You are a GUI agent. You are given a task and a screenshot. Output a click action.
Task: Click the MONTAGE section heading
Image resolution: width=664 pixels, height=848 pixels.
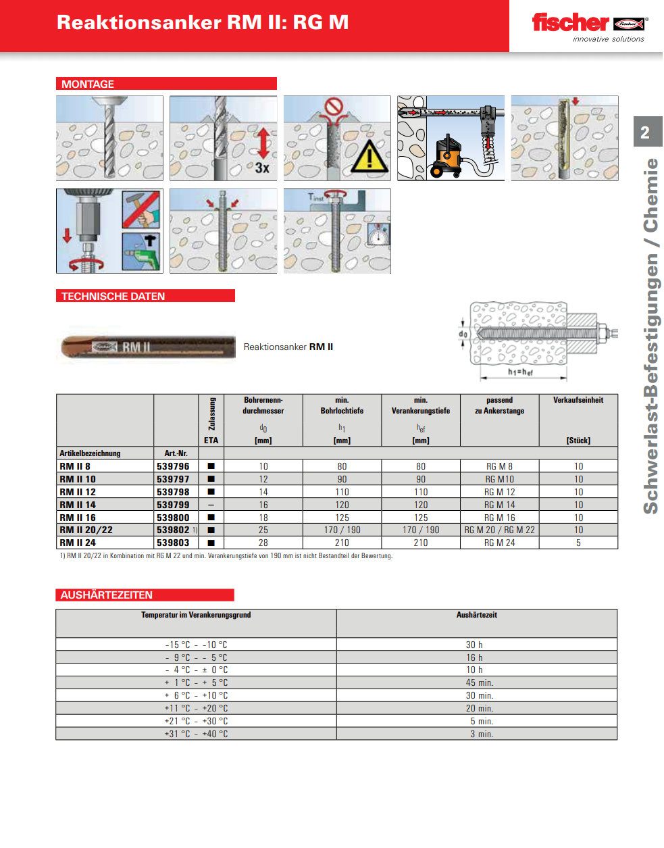(88, 84)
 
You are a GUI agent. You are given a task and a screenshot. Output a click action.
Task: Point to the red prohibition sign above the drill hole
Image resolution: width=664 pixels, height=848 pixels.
(334, 107)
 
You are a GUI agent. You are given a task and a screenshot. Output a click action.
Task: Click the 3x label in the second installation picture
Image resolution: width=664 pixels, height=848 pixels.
(262, 168)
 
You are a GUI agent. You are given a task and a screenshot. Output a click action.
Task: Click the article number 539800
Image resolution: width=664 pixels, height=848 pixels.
(174, 518)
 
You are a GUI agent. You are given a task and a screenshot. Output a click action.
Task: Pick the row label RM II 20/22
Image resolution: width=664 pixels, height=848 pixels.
(86, 530)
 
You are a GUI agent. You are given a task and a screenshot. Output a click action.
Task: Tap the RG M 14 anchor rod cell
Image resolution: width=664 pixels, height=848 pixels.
(499, 505)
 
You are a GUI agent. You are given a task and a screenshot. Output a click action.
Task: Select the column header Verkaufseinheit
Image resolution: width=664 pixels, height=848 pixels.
(578, 400)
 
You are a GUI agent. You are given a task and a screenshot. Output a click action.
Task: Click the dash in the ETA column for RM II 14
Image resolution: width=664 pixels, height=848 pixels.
(211, 505)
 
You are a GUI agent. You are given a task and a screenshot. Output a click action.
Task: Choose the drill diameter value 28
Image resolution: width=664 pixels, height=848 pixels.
(263, 543)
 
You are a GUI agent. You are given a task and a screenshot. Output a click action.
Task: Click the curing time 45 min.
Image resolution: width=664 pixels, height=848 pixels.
(480, 682)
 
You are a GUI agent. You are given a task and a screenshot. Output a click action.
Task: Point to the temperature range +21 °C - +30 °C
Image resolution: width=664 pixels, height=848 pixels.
(197, 721)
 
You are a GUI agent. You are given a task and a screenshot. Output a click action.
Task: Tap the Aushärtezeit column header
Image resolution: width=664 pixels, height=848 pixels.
(477, 615)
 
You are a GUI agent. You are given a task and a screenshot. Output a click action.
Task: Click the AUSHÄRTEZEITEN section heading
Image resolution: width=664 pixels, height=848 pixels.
(107, 595)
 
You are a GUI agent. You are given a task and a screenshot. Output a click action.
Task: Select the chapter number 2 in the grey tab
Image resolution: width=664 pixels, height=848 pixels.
(645, 132)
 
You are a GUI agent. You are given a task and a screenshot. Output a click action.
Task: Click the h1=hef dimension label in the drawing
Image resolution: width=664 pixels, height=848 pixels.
(521, 372)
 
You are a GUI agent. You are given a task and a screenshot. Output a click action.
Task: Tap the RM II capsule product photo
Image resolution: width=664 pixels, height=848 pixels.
(148, 347)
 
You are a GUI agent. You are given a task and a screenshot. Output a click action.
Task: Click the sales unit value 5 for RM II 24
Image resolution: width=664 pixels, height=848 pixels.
(578, 543)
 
